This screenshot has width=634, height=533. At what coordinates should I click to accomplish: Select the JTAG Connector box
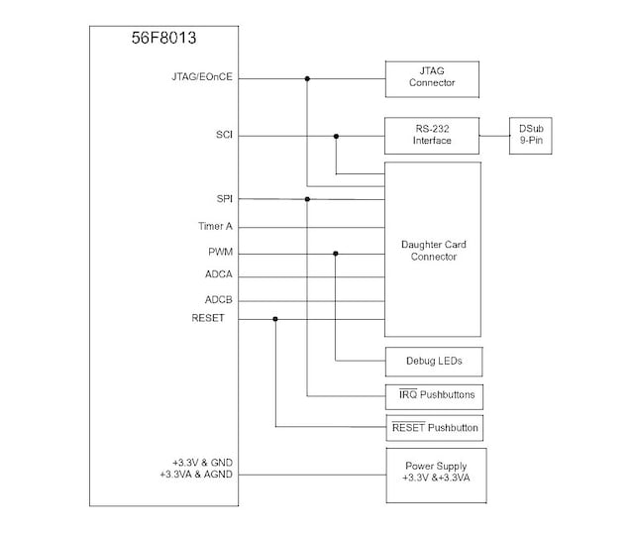432,77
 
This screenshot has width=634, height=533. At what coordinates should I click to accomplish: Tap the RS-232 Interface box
432,135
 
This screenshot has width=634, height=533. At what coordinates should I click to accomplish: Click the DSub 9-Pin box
530,135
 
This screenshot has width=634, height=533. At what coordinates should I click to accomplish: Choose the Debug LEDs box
434,361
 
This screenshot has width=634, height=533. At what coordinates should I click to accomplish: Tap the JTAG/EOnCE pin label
202,77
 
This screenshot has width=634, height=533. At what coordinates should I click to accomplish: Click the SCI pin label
224,135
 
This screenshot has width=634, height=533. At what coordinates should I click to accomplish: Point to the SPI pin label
224,199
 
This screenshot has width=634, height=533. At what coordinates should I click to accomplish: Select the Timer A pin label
215,226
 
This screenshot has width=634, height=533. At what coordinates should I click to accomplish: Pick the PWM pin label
220,252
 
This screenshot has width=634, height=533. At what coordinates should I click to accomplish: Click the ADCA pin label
219,274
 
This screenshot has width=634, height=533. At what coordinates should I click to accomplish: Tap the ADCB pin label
219,298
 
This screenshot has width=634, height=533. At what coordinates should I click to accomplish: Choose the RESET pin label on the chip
208,318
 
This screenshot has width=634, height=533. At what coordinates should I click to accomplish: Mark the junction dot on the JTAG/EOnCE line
307,78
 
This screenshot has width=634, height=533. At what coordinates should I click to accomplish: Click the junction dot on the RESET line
275,319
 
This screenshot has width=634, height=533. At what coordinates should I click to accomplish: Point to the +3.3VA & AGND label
195,476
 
